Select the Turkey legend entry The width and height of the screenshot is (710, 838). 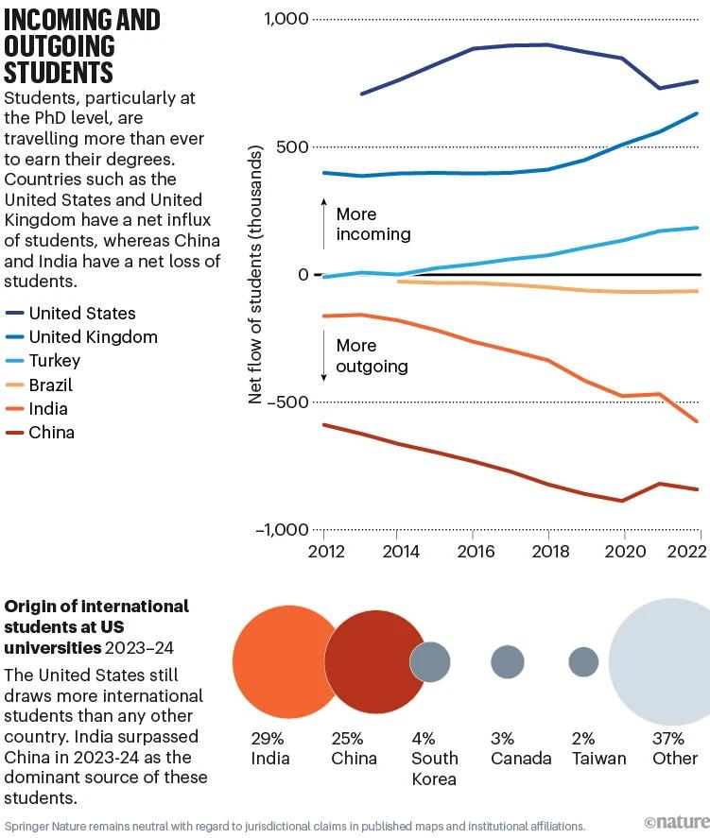pyautogui.click(x=55, y=361)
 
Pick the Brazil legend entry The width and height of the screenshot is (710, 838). pyautogui.click(x=51, y=385)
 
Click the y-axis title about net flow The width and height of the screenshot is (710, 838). pyautogui.click(x=255, y=274)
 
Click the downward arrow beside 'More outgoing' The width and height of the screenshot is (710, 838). pyautogui.click(x=324, y=357)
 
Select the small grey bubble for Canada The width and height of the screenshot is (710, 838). pyautogui.click(x=508, y=662)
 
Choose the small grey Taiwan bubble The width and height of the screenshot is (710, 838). pyautogui.click(x=583, y=662)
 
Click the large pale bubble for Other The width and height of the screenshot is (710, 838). pyautogui.click(x=662, y=662)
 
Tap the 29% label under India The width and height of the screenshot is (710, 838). pyautogui.click(x=267, y=738)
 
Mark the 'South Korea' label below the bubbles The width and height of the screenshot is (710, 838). pyautogui.click(x=434, y=768)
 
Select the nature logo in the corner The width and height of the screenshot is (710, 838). pyautogui.click(x=675, y=824)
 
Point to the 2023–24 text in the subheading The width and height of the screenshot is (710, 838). pyautogui.click(x=140, y=648)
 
